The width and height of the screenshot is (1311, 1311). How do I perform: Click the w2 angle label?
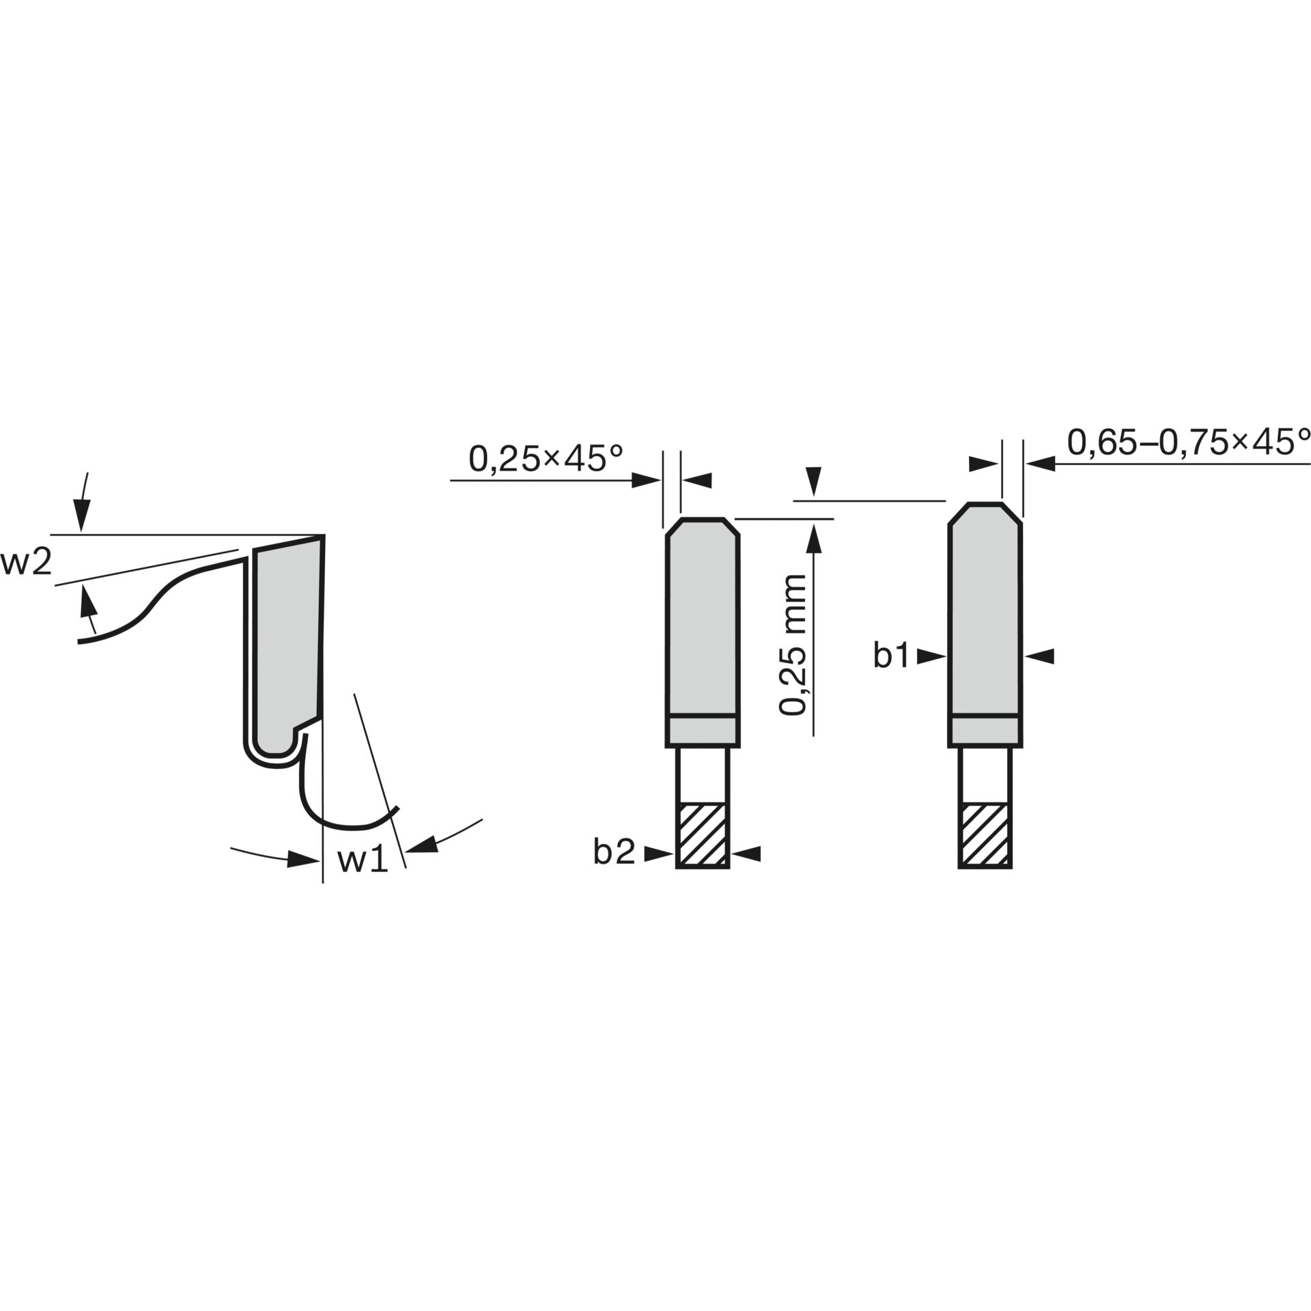[26, 563]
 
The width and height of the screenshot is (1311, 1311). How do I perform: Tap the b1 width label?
[892, 656]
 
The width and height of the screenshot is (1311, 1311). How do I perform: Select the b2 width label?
[615, 852]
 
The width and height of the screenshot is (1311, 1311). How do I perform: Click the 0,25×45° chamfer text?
[546, 459]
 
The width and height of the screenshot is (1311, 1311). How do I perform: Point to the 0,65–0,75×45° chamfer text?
[1189, 442]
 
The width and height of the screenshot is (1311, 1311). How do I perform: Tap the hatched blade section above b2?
[703, 835]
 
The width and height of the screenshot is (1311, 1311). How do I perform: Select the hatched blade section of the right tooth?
[985, 835]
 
